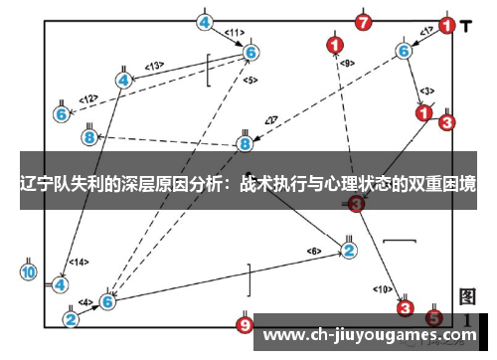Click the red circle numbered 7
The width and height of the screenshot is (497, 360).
point(363,21)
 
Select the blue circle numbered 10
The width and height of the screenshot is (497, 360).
point(28,271)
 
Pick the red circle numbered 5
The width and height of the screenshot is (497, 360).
point(433,318)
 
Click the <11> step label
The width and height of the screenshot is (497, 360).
point(235,32)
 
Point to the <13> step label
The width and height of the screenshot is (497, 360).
point(154,66)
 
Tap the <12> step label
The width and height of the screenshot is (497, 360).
point(88,98)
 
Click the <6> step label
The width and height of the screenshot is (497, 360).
point(314,250)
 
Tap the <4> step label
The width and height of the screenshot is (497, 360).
point(86,302)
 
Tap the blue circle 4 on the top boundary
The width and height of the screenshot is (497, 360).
point(204,21)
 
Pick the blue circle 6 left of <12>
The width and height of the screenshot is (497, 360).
point(62,114)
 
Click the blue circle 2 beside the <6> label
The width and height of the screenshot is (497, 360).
point(349,249)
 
